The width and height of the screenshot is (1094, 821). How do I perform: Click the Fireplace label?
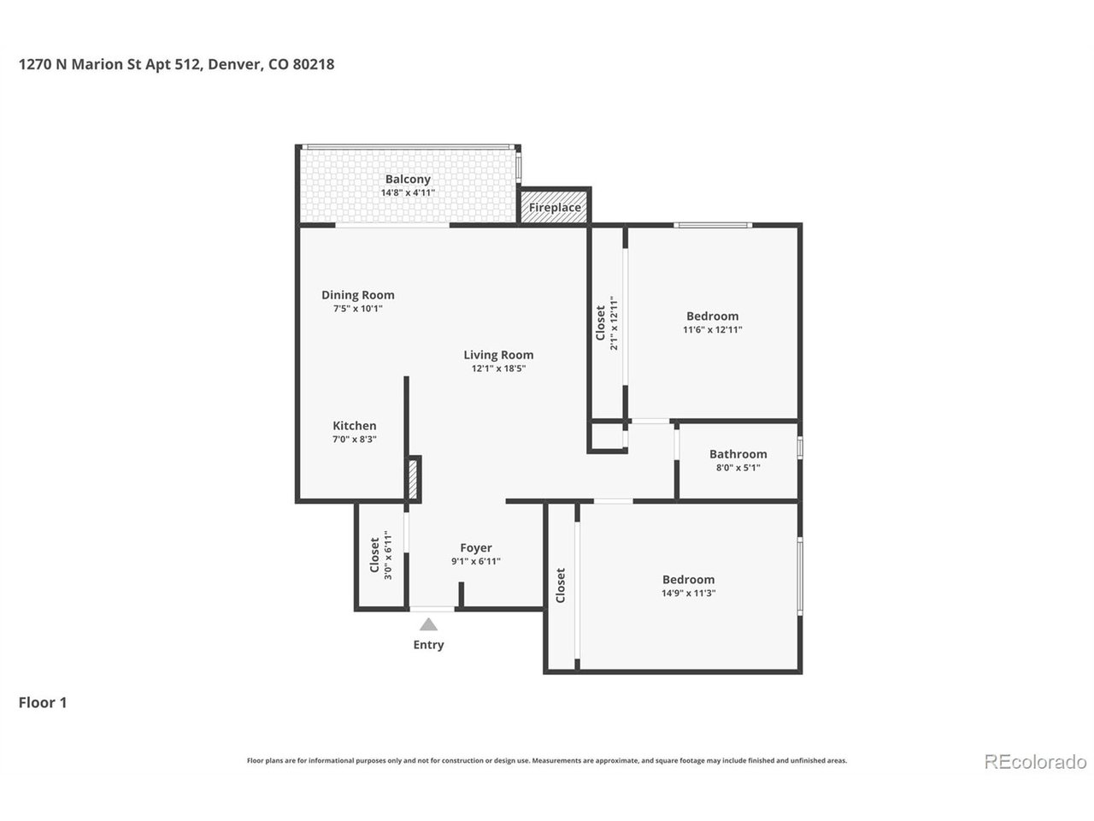click(554, 207)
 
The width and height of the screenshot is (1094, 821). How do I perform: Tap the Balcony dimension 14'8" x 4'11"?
click(408, 193)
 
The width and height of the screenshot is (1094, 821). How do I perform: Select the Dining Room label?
click(357, 295)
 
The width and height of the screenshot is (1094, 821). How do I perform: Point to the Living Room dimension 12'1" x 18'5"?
click(498, 369)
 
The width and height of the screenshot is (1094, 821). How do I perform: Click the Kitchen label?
click(355, 426)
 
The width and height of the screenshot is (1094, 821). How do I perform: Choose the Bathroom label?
click(738, 454)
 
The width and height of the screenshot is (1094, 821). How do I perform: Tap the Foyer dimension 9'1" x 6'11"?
click(475, 561)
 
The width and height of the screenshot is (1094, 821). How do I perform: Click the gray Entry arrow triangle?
click(428, 624)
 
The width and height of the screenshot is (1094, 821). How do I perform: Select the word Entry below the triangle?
click(428, 645)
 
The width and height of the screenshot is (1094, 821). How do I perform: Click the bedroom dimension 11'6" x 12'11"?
click(712, 329)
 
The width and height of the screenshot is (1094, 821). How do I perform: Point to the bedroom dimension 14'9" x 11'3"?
click(688, 594)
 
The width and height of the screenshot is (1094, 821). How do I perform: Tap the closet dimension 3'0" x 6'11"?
click(388, 555)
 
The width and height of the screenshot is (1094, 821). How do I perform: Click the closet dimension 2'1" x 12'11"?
click(614, 323)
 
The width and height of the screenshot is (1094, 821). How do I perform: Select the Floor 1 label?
click(43, 703)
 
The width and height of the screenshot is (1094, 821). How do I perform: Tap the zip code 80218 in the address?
click(314, 64)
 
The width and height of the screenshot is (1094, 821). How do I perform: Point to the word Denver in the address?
click(236, 65)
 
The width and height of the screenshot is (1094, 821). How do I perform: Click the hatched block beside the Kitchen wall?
click(413, 479)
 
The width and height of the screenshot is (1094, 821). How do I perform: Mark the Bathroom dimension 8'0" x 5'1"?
click(738, 468)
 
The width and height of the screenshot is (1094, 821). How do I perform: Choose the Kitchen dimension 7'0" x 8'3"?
click(355, 440)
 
